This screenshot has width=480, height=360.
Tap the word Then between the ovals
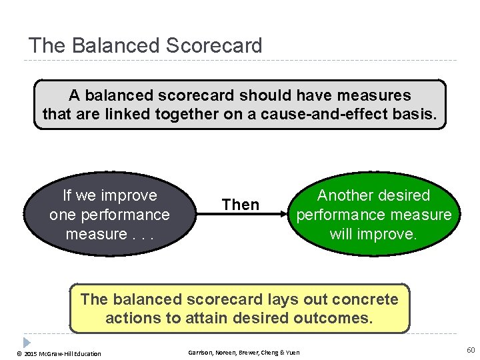click(x=241, y=205)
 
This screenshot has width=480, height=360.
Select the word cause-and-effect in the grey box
click(x=323, y=115)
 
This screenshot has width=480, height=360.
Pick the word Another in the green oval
click(x=344, y=195)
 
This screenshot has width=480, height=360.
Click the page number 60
click(x=471, y=351)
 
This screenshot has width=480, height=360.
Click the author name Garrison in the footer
click(x=200, y=353)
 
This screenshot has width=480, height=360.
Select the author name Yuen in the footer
click(x=293, y=353)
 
